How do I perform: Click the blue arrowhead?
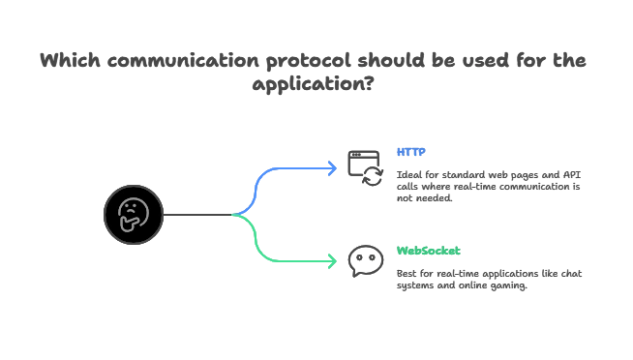(333, 168)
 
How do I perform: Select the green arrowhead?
(333, 260)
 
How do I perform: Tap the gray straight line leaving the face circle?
(198, 213)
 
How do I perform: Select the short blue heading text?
(409, 153)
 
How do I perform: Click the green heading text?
(428, 249)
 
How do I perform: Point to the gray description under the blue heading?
(488, 185)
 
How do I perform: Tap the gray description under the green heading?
(490, 278)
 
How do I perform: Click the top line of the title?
(316, 61)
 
